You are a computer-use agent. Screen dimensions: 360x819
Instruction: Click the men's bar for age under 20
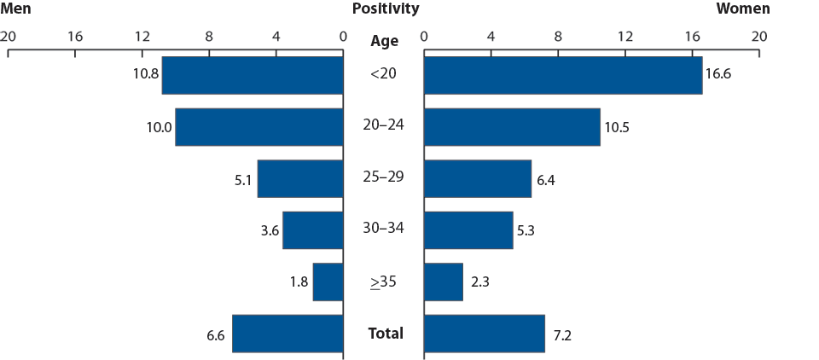[253, 75]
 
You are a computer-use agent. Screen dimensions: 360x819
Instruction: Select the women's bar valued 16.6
[562, 75]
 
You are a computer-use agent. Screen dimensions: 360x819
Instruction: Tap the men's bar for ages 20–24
[259, 127]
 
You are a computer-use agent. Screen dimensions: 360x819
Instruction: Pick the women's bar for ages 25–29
[477, 178]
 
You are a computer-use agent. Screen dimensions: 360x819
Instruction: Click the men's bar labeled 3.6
[312, 230]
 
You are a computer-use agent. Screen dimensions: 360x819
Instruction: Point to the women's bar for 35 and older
[443, 282]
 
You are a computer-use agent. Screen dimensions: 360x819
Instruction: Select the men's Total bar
[288, 334]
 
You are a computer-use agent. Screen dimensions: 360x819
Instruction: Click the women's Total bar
[484, 334]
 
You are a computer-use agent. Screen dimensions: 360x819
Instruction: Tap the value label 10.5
[617, 127]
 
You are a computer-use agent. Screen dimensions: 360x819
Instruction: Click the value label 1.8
[298, 282]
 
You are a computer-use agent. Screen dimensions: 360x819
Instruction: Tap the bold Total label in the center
[386, 333]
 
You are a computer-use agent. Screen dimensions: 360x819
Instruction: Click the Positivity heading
[385, 9]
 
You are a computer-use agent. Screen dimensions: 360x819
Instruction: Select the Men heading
[17, 9]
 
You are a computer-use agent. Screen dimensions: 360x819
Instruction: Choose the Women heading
[742, 9]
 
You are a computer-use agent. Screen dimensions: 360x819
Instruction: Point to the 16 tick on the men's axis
[75, 37]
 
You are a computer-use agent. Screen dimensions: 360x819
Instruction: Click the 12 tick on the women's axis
[624, 37]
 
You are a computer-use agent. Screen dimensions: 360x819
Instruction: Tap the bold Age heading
[385, 40]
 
